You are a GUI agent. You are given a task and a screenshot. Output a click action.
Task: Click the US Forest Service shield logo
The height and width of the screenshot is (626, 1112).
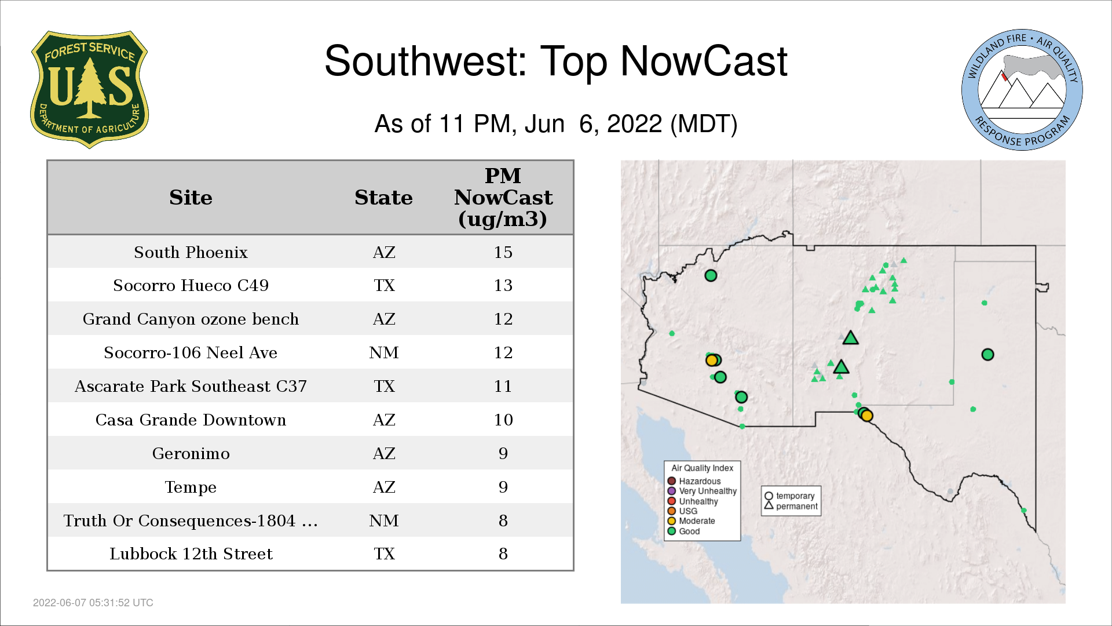pyautogui.click(x=89, y=89)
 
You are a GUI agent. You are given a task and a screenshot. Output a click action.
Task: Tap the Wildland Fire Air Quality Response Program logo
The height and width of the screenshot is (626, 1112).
pyautogui.click(x=1022, y=90)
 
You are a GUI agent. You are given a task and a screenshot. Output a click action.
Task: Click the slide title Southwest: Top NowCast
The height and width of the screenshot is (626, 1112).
pyautogui.click(x=556, y=61)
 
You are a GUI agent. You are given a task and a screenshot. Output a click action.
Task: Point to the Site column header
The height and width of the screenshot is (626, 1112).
pyautogui.click(x=191, y=198)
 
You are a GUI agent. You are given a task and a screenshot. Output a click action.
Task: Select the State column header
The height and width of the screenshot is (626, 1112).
pyautogui.click(x=384, y=198)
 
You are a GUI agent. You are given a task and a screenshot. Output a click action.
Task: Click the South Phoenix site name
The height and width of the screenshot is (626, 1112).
pyautogui.click(x=191, y=252)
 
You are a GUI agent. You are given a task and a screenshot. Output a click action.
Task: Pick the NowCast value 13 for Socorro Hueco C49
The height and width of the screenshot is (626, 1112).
pyautogui.click(x=503, y=285)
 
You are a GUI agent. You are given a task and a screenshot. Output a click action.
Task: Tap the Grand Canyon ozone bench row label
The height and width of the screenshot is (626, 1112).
pyautogui.click(x=191, y=319)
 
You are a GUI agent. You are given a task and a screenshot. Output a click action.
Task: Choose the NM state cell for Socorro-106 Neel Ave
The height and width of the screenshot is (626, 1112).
pyautogui.click(x=384, y=352)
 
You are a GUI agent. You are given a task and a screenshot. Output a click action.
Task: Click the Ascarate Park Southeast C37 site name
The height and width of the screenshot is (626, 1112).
pyautogui.click(x=191, y=386)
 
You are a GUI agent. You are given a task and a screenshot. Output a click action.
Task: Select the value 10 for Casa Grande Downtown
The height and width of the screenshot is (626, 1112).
pyautogui.click(x=503, y=420)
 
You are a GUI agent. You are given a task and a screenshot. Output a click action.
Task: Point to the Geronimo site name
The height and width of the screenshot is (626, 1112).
pyautogui.click(x=191, y=453)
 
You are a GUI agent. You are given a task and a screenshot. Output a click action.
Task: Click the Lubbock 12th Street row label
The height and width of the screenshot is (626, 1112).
pyautogui.click(x=191, y=554)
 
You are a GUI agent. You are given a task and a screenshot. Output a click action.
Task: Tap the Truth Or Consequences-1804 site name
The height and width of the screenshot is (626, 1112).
pyautogui.click(x=191, y=521)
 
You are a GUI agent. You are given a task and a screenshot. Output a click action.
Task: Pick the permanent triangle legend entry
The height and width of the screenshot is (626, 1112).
pyautogui.click(x=791, y=506)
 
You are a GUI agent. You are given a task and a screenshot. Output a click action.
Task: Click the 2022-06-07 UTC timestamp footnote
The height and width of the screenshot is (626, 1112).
pyautogui.click(x=93, y=603)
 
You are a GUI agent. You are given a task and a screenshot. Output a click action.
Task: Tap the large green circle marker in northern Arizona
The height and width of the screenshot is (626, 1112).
pyautogui.click(x=711, y=275)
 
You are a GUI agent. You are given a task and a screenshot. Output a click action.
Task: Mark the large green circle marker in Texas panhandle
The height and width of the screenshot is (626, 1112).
pyautogui.click(x=987, y=354)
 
